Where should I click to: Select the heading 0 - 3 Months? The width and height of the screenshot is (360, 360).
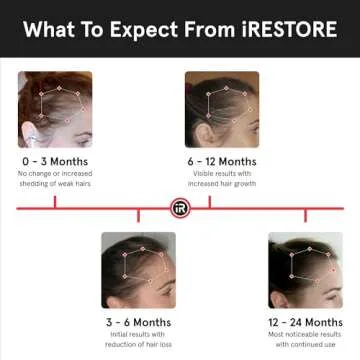pos(54,161)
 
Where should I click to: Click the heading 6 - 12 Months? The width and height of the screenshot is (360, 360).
pos(221,161)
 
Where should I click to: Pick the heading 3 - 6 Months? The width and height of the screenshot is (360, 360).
pos(138,322)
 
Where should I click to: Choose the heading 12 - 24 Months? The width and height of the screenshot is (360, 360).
pos(306,322)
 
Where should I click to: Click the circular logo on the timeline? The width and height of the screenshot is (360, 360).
pos(179,208)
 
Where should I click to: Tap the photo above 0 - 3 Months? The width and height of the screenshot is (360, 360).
pos(54,110)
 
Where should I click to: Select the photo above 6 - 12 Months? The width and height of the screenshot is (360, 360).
pos(221,110)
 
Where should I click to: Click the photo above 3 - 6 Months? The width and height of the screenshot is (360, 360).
pos(138,270)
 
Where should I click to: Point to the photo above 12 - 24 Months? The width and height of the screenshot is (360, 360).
pos(306,270)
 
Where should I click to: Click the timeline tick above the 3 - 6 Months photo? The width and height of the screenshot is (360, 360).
pos(138,215)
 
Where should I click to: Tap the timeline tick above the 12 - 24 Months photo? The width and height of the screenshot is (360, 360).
pos(306,215)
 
